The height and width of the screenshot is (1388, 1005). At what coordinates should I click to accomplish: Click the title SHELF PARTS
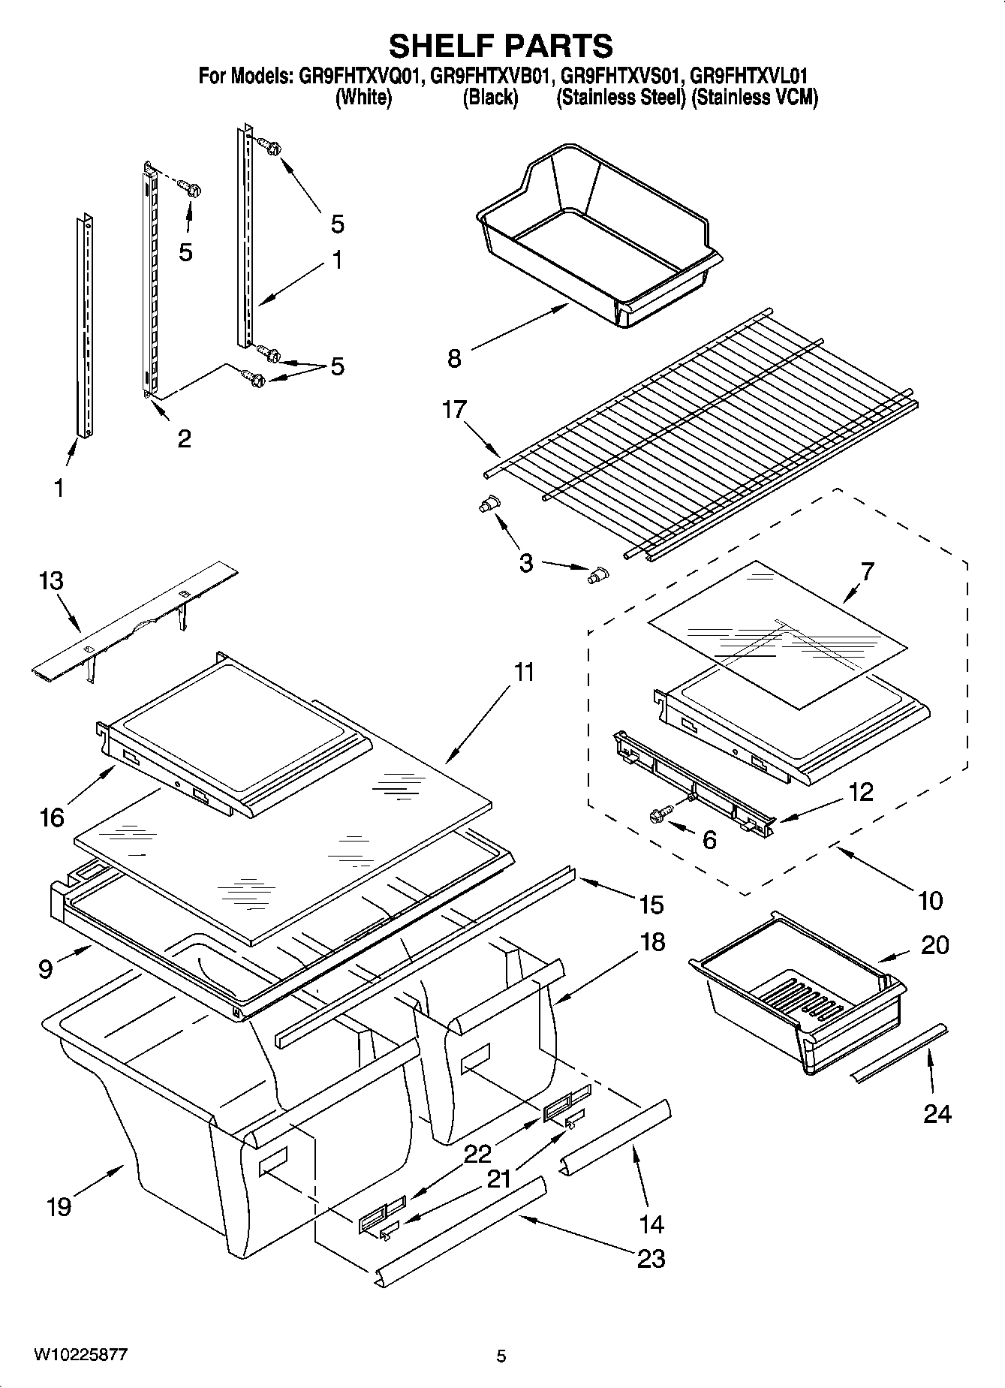[x=501, y=46]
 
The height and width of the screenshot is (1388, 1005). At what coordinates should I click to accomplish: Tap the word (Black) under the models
[x=489, y=98]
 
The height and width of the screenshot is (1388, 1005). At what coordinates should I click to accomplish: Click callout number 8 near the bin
[x=454, y=359]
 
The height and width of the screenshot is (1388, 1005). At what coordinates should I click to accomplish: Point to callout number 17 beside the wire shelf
[x=455, y=411]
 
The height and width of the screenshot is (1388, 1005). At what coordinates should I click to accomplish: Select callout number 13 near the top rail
[x=52, y=582]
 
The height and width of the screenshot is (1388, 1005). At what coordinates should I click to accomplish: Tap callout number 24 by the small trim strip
[x=937, y=1115]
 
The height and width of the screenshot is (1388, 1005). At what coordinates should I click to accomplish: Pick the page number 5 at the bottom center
[x=501, y=1356]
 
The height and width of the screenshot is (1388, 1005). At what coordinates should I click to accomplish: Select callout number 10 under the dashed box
[x=930, y=900]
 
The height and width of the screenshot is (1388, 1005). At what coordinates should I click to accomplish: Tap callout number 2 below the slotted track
[x=184, y=438]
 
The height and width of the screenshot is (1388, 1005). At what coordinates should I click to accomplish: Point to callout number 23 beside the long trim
[x=651, y=1258]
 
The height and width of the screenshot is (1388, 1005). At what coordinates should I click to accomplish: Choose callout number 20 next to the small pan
[x=934, y=945]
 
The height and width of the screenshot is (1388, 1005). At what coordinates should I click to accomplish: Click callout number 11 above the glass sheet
[x=523, y=672]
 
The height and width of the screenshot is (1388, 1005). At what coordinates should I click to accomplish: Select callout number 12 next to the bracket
[x=861, y=792]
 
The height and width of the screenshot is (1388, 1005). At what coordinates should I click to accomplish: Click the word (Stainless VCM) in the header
[x=754, y=98]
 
